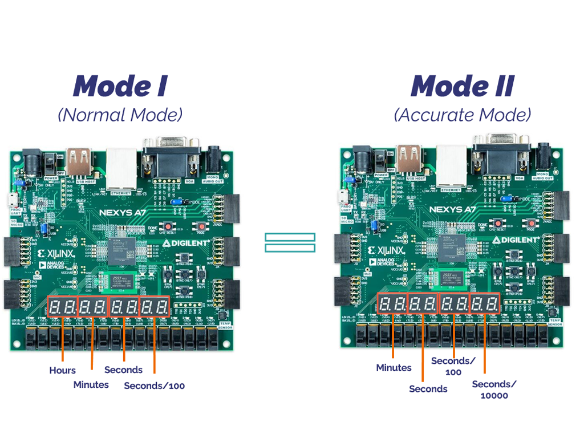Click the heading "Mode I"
(x=120, y=86)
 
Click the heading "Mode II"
(x=462, y=86)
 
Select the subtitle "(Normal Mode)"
(x=120, y=115)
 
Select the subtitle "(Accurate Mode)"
(x=462, y=115)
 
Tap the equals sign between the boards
(x=290, y=242)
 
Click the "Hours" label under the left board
(x=62, y=370)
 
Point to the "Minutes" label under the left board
(x=91, y=385)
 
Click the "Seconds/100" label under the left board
(x=155, y=386)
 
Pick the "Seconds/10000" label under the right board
(x=494, y=390)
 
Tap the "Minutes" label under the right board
(x=394, y=368)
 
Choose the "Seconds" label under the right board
(x=428, y=389)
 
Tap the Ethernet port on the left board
(x=122, y=166)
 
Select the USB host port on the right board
(x=409, y=160)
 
